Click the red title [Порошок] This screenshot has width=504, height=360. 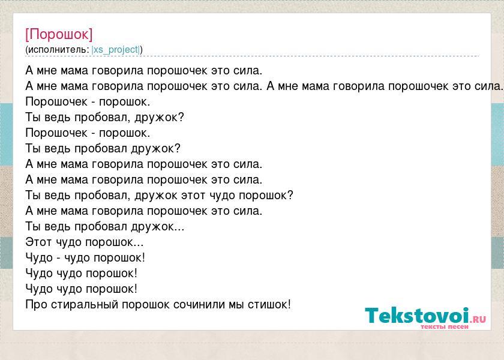click(x=59, y=34)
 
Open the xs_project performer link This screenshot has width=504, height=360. click(x=116, y=50)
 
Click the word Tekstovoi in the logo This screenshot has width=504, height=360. click(x=417, y=316)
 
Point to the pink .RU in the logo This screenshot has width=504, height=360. click(x=478, y=319)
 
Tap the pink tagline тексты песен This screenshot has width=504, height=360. click(x=445, y=326)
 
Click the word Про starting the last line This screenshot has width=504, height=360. click(x=37, y=304)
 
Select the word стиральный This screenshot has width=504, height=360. click(x=85, y=305)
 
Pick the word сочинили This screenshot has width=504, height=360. click(x=199, y=304)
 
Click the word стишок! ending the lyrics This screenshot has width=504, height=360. click(x=269, y=304)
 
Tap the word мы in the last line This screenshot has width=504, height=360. click(x=236, y=305)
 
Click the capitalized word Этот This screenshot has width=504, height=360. click(x=38, y=242)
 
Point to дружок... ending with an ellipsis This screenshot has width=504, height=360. click(x=157, y=227)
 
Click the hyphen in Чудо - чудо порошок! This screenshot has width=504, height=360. click(x=59, y=258)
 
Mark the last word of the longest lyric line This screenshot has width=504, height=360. click(x=488, y=86)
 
